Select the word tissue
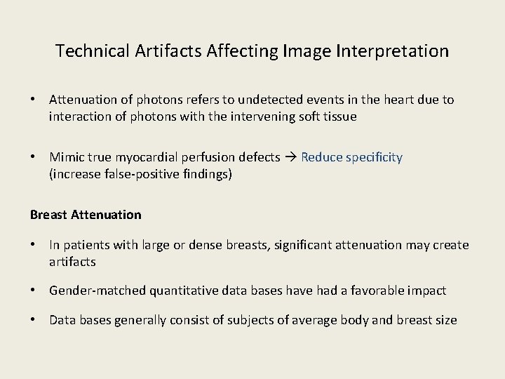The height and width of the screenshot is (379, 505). coord(340,117)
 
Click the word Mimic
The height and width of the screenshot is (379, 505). coord(67,157)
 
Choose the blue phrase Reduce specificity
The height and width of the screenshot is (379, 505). coord(351,157)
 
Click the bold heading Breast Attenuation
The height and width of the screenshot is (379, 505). coord(86,215)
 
